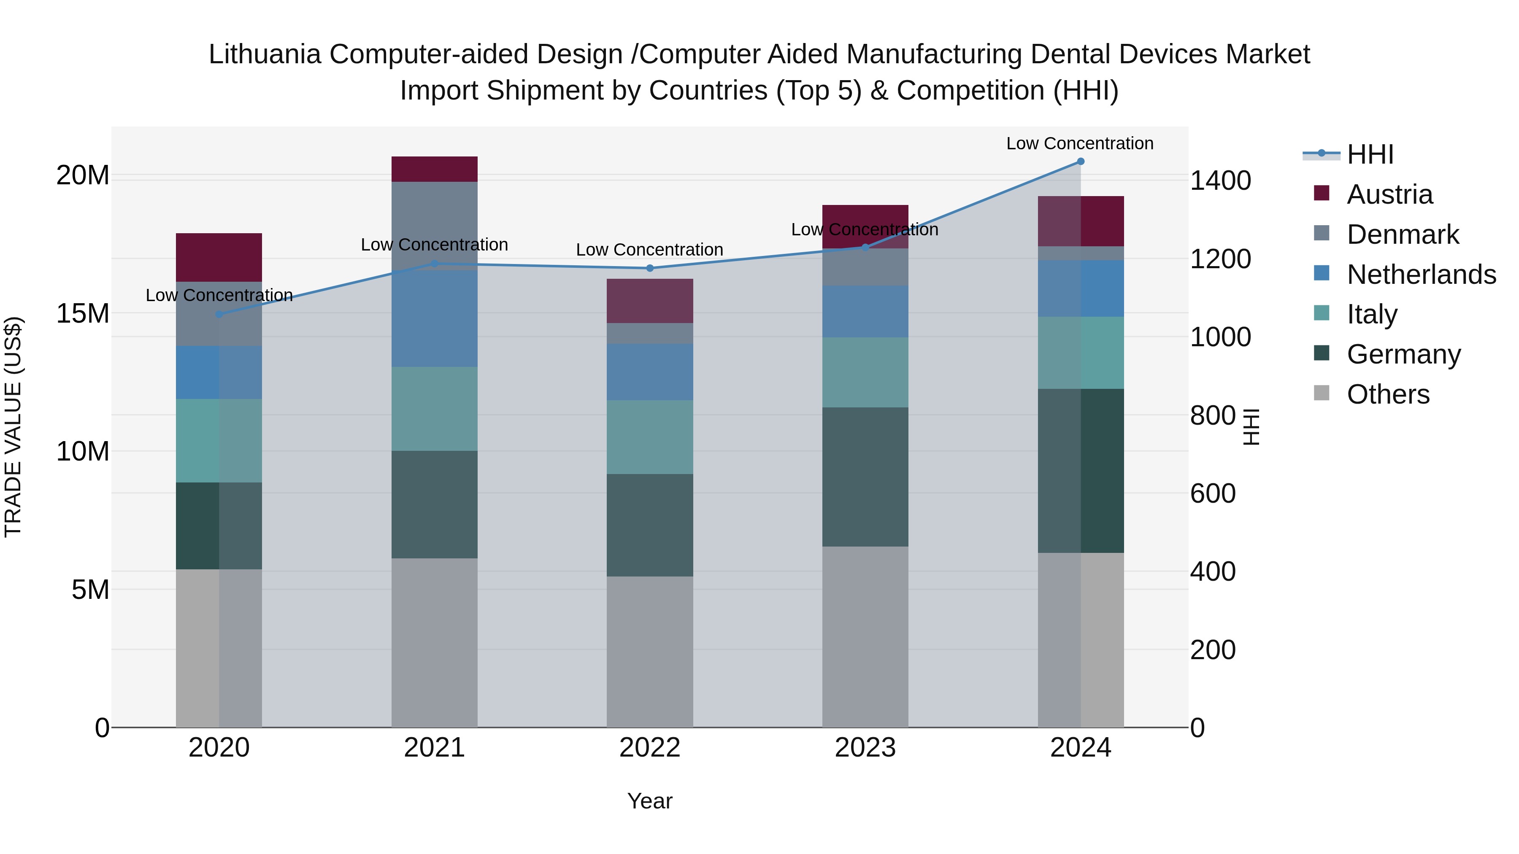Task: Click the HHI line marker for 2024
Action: click(1080, 162)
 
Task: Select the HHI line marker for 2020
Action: click(219, 314)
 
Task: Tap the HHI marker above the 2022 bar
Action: click(650, 268)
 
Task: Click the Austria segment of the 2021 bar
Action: click(434, 169)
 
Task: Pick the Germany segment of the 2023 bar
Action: click(865, 477)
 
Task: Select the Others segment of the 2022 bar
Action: click(650, 651)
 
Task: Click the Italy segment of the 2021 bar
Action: click(434, 409)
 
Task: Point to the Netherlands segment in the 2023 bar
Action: click(865, 311)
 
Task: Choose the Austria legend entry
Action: click(1389, 194)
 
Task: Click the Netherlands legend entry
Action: click(1421, 275)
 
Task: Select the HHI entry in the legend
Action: click(1370, 154)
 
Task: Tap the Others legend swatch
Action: click(1322, 393)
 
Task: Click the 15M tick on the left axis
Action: click(83, 313)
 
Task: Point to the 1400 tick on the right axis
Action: click(1220, 180)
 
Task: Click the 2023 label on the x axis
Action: click(865, 748)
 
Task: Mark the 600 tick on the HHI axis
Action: click(1212, 493)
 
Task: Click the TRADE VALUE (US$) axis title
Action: click(13, 427)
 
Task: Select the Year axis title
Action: click(650, 801)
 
